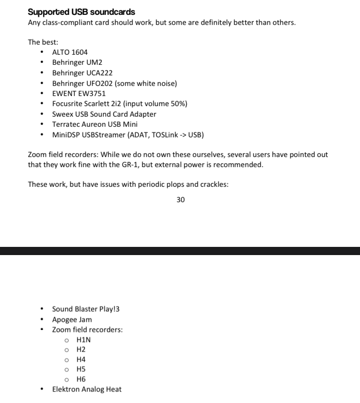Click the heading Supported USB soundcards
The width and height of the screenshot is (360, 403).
pyautogui.click(x=82, y=12)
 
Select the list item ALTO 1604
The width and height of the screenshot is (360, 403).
pyautogui.click(x=70, y=52)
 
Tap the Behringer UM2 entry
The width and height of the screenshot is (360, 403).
pyautogui.click(x=77, y=62)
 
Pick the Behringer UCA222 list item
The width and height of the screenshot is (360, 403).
pyautogui.click(x=82, y=73)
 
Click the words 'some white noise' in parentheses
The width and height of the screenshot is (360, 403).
pyautogui.click(x=146, y=84)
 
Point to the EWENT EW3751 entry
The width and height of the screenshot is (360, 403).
pyautogui.click(x=79, y=94)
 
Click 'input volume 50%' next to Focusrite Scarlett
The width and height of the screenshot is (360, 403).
pyautogui.click(x=156, y=104)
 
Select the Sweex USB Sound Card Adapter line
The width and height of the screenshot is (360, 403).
pyautogui.click(x=104, y=114)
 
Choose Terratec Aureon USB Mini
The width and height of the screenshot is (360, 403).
pyautogui.click(x=95, y=124)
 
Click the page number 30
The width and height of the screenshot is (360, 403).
pyautogui.click(x=180, y=200)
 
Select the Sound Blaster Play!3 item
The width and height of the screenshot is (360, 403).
pyautogui.click(x=85, y=309)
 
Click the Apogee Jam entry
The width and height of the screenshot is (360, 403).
pyautogui.click(x=72, y=319)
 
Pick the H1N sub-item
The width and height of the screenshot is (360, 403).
pyautogui.click(x=84, y=340)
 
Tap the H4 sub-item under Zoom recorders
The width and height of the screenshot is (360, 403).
pyautogui.click(x=81, y=359)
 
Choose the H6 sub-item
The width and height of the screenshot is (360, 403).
pyautogui.click(x=81, y=379)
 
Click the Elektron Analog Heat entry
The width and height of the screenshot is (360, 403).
pyautogui.click(x=87, y=389)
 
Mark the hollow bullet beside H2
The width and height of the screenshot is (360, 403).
pyautogui.click(x=67, y=350)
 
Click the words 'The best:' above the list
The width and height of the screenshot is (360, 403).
pyautogui.click(x=43, y=42)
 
